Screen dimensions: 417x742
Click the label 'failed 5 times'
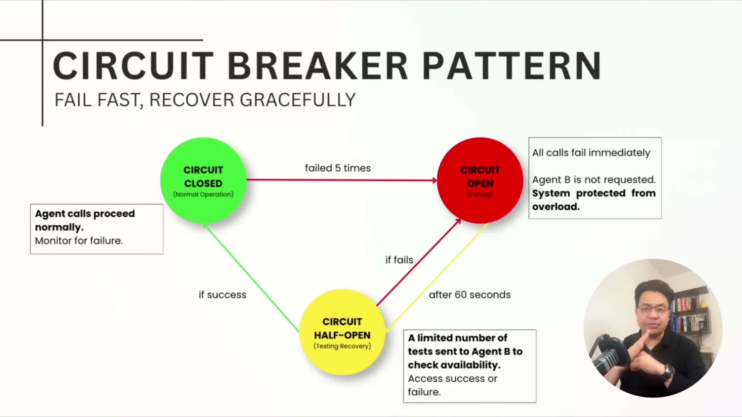[x=338, y=168]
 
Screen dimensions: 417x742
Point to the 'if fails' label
[x=399, y=260]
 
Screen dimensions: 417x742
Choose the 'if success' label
[x=222, y=295]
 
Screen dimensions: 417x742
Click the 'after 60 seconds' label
[x=470, y=295]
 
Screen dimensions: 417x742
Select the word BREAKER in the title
[x=317, y=66]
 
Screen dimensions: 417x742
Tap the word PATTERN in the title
[x=512, y=66]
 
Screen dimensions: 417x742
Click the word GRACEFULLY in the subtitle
[x=298, y=100]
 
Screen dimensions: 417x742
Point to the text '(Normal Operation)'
[x=203, y=194]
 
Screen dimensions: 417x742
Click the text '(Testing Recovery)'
[x=342, y=346]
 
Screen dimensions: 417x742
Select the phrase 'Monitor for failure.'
[x=79, y=241]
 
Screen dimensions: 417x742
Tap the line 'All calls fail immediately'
[x=591, y=153]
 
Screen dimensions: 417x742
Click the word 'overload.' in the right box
[x=556, y=207]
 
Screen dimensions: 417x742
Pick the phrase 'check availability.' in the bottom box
[x=454, y=365]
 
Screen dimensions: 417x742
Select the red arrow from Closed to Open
[x=342, y=180]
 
